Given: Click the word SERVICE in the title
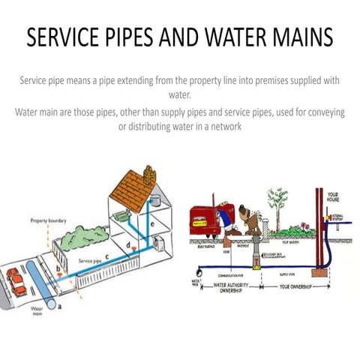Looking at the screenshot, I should tap(66, 37).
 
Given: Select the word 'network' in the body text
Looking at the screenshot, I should tap(220, 125).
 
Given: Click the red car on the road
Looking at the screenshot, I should tap(16, 281).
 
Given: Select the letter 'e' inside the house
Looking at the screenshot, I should tap(153, 224).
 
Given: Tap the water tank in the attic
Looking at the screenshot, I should tap(155, 200).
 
